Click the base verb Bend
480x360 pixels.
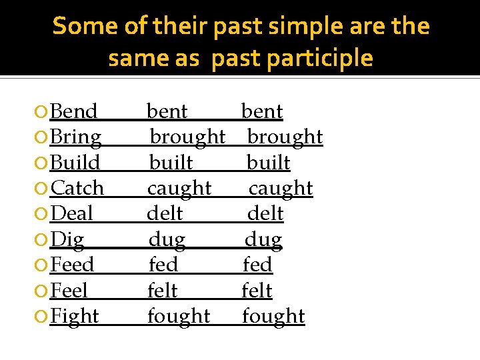pyautogui.click(x=74, y=111)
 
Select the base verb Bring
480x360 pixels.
pyautogui.click(x=76, y=137)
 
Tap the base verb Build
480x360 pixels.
pyautogui.click(x=75, y=163)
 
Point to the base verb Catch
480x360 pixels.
pyautogui.click(x=77, y=189)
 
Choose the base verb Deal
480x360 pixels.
pyautogui.click(x=72, y=214)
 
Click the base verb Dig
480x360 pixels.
pyautogui.click(x=67, y=240)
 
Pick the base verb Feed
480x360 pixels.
pyautogui.click(x=73, y=265)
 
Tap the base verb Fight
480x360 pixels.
pyautogui.click(x=75, y=317)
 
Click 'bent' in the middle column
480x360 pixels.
pyautogui.click(x=167, y=111)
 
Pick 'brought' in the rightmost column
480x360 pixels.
pyautogui.click(x=285, y=137)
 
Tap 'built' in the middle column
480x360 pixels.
pyautogui.click(x=171, y=163)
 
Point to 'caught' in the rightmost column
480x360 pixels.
pyautogui.click(x=281, y=189)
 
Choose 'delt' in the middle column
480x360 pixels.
pyautogui.click(x=165, y=214)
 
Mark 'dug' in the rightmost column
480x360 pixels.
pyautogui.click(x=263, y=240)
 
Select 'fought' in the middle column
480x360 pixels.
pyautogui.click(x=179, y=317)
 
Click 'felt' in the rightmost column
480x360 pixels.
pyautogui.click(x=257, y=291)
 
